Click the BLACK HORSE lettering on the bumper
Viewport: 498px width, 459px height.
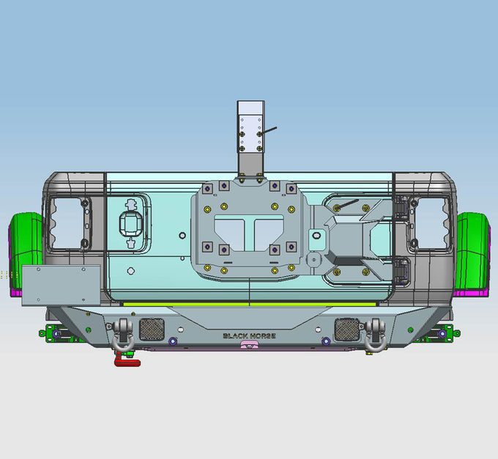pyautogui.click(x=249, y=336)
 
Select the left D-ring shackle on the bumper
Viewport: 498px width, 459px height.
pyautogui.click(x=123, y=336)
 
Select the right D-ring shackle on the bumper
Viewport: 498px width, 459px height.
pyautogui.click(x=375, y=336)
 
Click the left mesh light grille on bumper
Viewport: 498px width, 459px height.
pyautogui.click(x=152, y=329)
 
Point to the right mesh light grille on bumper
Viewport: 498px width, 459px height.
pyautogui.click(x=347, y=329)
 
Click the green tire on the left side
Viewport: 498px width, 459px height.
pyautogui.click(x=26, y=251)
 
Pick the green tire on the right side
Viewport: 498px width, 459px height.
pyautogui.click(x=472, y=251)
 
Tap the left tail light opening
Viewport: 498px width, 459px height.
pyautogui.click(x=68, y=223)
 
